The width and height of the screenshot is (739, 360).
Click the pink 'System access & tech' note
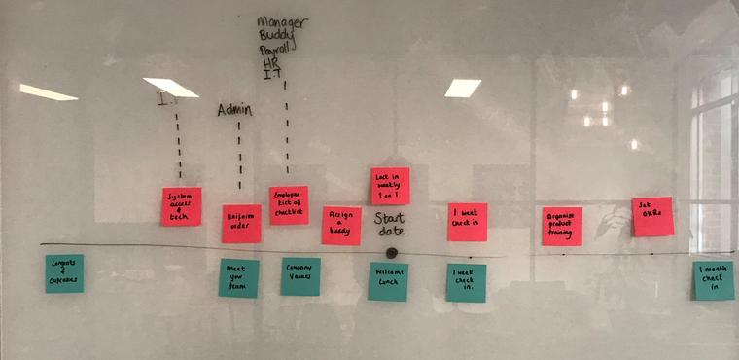(x=181, y=206)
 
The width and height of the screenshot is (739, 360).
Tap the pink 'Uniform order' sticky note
(x=241, y=223)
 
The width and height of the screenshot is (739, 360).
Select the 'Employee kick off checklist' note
(x=289, y=205)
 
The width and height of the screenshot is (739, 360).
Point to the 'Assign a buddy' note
(x=341, y=225)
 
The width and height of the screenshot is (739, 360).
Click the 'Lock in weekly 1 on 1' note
(x=390, y=186)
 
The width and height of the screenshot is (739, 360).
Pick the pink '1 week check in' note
(x=467, y=222)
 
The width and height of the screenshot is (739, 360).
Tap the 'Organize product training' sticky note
(x=562, y=226)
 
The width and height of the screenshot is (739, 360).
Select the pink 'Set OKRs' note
(x=651, y=216)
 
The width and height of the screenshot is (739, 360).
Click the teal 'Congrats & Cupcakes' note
(x=64, y=273)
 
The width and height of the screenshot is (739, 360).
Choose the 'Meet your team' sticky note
(x=238, y=277)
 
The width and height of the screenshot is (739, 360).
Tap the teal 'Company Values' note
(x=300, y=276)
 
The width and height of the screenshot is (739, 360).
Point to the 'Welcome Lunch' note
(x=388, y=281)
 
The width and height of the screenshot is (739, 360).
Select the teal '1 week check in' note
(x=466, y=282)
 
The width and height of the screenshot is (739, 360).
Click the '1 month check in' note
(x=714, y=280)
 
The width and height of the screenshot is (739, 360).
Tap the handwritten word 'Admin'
(x=234, y=110)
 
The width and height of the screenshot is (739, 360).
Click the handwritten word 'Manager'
(x=283, y=22)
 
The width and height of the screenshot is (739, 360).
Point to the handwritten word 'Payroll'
(x=278, y=50)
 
